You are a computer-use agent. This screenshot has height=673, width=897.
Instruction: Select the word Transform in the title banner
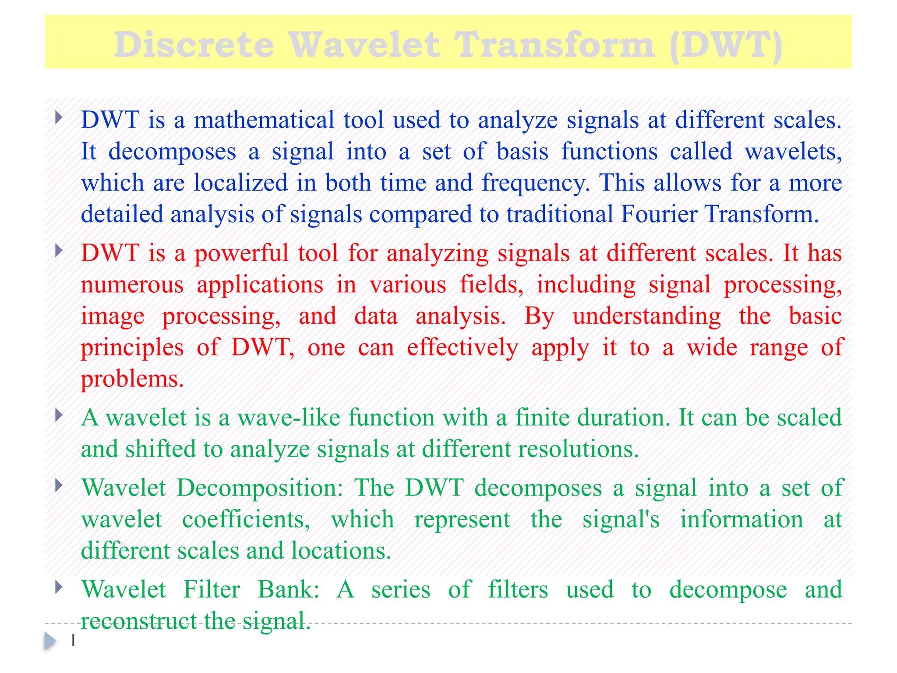554,45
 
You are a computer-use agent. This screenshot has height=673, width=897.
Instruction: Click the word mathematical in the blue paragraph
264,120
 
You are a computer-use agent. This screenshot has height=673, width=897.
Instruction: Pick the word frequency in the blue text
536,183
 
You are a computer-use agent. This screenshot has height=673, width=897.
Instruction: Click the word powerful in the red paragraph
241,254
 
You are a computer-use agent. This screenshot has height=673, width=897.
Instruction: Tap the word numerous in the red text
132,285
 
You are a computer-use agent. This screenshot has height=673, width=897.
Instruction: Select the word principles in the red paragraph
132,348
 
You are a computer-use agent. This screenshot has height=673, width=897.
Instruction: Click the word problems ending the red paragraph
132,379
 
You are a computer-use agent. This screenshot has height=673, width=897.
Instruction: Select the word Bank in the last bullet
288,589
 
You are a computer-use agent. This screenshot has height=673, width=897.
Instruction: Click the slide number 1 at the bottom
73,640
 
